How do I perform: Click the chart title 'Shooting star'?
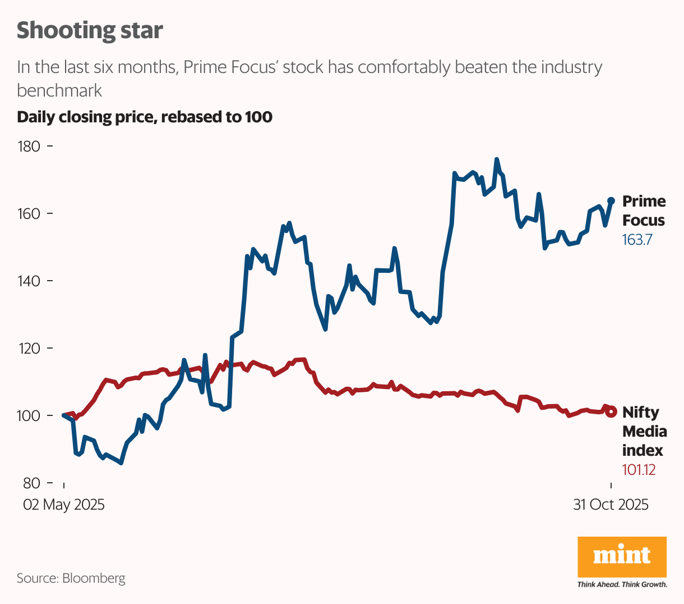(x=90, y=30)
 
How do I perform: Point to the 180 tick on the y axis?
(x=29, y=147)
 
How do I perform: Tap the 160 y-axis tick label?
(x=29, y=214)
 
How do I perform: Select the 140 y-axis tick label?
(x=29, y=281)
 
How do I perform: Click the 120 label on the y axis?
(x=29, y=349)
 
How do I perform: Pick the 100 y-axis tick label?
(x=29, y=416)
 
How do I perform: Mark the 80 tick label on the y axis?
(x=32, y=483)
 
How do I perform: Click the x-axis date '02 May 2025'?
(x=63, y=505)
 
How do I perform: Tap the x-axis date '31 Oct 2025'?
(x=611, y=505)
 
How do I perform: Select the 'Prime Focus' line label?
(x=644, y=211)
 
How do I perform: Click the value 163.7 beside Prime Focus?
(x=637, y=240)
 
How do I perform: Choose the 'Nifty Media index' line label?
(x=644, y=431)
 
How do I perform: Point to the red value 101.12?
(x=639, y=470)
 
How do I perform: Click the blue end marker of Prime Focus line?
(x=611, y=201)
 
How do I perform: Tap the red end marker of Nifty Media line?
(x=611, y=411)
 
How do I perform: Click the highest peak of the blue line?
(x=497, y=159)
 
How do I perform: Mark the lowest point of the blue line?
(x=121, y=463)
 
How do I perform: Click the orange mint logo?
(x=622, y=557)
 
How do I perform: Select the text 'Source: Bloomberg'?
(x=71, y=578)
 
